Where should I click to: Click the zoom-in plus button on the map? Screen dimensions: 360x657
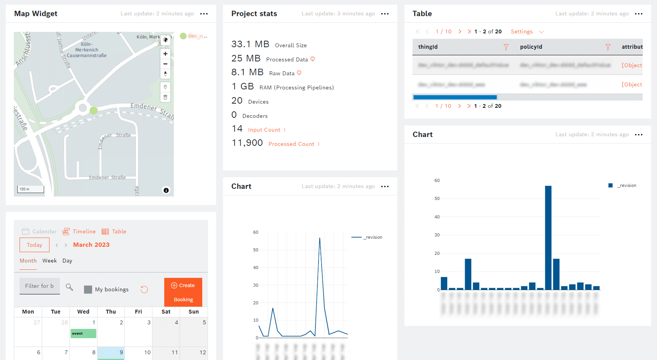pos(165,54)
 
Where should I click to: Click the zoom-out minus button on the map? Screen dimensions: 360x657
pos(165,64)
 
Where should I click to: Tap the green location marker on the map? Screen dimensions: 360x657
pos(94,111)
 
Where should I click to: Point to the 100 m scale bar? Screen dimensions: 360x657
pos(31,189)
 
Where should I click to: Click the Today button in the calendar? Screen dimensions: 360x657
pos(35,245)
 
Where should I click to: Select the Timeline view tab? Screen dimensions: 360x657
pos(79,231)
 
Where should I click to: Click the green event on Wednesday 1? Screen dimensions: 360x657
pos(83,334)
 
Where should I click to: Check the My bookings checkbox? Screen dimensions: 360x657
pos(88,289)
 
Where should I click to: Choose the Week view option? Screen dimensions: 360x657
pos(50,261)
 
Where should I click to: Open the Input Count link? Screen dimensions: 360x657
pos(264,130)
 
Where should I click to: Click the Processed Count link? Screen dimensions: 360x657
pos(291,144)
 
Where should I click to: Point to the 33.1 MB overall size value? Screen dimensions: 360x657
pos(250,45)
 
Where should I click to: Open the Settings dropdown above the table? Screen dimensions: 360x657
pos(527,32)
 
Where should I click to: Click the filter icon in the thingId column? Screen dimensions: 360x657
pos(506,47)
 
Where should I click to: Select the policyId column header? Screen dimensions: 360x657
pos(531,47)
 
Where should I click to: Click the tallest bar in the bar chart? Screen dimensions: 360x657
pos(548,238)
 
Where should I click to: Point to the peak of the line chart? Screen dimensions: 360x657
pos(320,238)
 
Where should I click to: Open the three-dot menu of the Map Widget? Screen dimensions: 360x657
pos(204,14)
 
